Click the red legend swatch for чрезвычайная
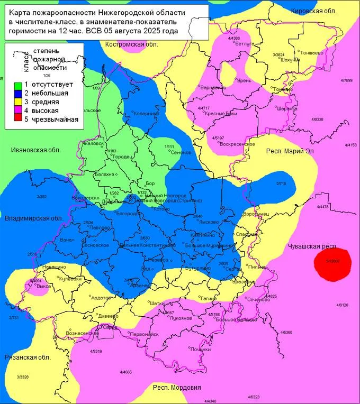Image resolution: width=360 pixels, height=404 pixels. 17,120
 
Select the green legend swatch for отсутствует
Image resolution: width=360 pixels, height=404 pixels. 17,85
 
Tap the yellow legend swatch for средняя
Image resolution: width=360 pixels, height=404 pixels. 17,102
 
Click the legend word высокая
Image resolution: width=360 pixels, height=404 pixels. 45,111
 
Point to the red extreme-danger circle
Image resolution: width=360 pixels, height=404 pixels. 332,262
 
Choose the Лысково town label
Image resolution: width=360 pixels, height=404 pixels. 209,222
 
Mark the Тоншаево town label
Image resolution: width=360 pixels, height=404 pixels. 312,52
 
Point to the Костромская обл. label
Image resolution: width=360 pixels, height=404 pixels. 132,44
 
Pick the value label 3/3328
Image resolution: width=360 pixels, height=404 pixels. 22,377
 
